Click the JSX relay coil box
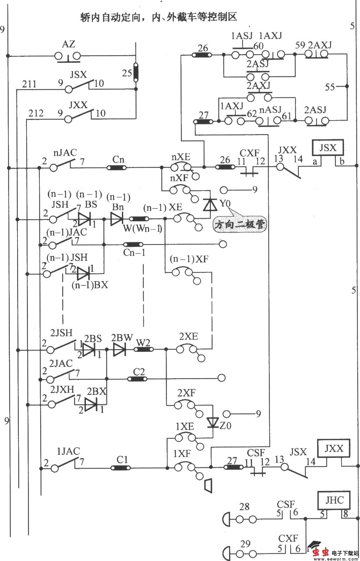point(328,148)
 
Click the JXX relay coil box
point(333,449)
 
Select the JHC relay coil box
point(334,501)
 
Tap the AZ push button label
point(68,45)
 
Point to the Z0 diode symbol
point(212,423)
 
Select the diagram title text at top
point(159,17)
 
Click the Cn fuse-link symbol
point(117,168)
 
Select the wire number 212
point(36,113)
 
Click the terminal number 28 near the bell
point(244,506)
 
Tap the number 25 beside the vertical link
point(127,73)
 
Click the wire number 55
point(330,87)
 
